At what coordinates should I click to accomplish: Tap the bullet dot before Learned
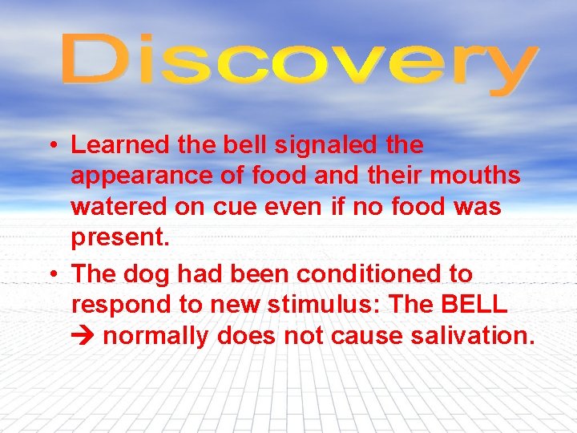click(50, 146)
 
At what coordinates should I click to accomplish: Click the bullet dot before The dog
click(50, 274)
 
